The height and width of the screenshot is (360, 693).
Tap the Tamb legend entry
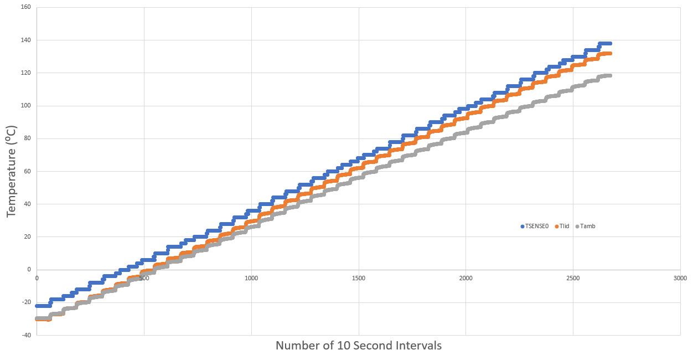tap(587, 226)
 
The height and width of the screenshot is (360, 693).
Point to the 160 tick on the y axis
tap(25, 8)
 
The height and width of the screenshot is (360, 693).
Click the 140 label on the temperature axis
tap(25, 40)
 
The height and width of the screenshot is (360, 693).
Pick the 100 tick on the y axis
tap(25, 106)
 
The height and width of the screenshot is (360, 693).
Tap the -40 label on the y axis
tap(25, 335)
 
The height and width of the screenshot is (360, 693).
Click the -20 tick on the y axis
tap(25, 302)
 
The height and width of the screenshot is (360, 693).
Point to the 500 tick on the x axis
tap(144, 277)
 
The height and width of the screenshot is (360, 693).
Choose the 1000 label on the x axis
tap(251, 277)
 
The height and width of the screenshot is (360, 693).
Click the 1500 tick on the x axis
tap(359, 277)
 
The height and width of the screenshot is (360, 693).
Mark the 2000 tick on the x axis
tap(466, 277)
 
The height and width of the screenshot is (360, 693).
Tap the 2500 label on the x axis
tap(573, 277)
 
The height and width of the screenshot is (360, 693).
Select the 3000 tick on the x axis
tap(680, 277)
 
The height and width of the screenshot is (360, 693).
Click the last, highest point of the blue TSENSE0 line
tap(609, 43)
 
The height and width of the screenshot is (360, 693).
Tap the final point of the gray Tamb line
tap(609, 75)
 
